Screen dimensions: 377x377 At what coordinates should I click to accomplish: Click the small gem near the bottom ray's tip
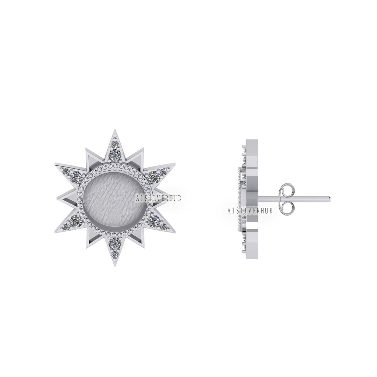[x=114, y=253]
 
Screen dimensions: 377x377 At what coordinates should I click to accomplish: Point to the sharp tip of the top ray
[x=114, y=130]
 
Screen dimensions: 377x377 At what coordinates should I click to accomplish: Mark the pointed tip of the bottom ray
[x=114, y=267]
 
